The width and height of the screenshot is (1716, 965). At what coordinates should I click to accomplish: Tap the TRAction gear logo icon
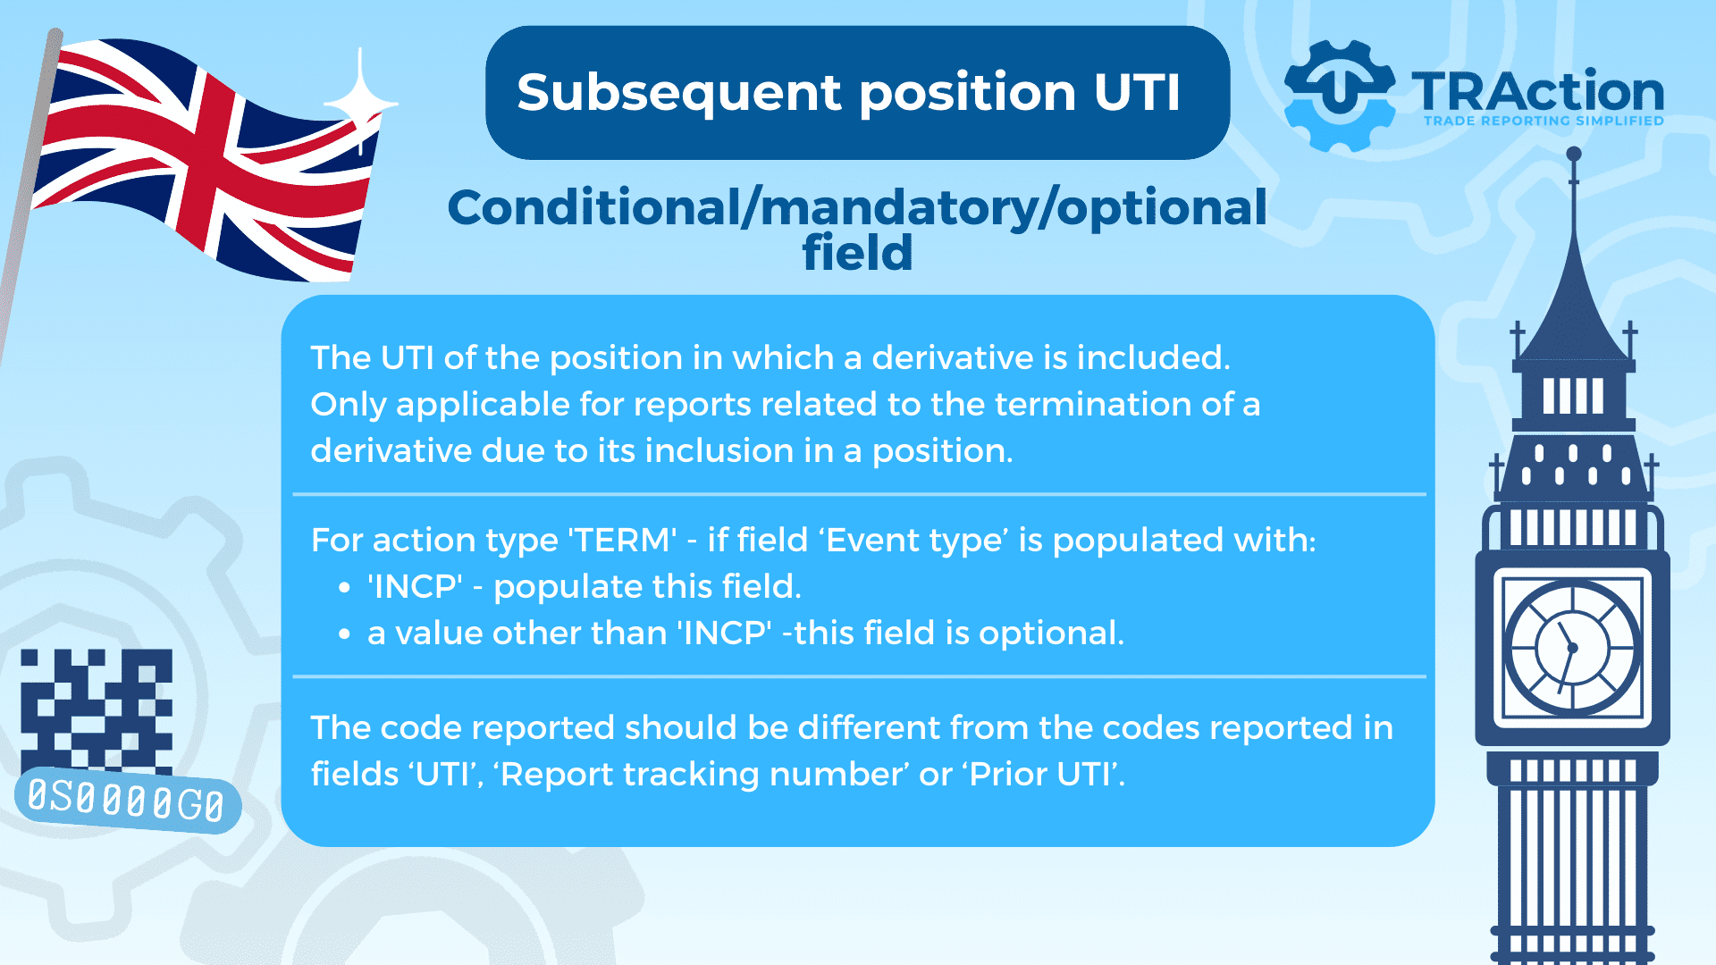coord(1339,95)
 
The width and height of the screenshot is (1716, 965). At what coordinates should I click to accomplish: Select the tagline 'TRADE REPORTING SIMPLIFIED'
coord(1544,121)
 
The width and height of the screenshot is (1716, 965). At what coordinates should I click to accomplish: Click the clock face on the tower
coord(1572,647)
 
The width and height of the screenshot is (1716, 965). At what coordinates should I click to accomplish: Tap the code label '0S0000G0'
coord(127,800)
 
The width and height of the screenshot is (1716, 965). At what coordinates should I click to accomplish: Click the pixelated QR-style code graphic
coord(97,710)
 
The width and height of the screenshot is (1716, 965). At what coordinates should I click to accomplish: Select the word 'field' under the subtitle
coord(857,253)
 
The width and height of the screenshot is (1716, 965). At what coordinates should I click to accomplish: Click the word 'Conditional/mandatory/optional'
coord(857,207)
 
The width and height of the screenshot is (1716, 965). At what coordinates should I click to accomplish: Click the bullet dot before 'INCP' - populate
coord(345,588)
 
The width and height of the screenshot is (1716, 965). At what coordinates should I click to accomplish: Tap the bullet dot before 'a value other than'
coord(345,634)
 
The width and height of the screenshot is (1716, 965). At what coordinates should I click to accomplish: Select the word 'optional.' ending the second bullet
coord(1051,634)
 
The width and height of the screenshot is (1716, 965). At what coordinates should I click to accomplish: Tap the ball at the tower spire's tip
coord(1574,155)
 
